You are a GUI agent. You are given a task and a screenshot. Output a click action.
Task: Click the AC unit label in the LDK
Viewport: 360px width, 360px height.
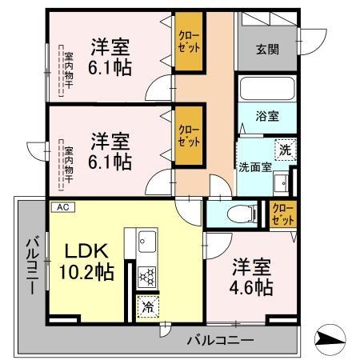(x=62, y=206)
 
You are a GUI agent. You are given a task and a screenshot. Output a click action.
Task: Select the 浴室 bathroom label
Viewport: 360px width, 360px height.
(x=267, y=116)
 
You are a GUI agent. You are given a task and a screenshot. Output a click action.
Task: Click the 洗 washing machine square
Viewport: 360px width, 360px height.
(x=285, y=149)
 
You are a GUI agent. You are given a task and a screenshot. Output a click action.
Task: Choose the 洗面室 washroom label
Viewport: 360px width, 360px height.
(x=256, y=167)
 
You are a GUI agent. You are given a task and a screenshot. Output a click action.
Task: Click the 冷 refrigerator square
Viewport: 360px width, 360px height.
(x=147, y=305)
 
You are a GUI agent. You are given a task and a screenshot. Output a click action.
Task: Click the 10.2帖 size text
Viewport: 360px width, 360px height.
(x=85, y=271)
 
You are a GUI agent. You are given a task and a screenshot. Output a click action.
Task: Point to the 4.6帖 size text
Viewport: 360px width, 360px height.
(x=253, y=286)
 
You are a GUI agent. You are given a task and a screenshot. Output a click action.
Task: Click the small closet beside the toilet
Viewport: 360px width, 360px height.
(x=282, y=214)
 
